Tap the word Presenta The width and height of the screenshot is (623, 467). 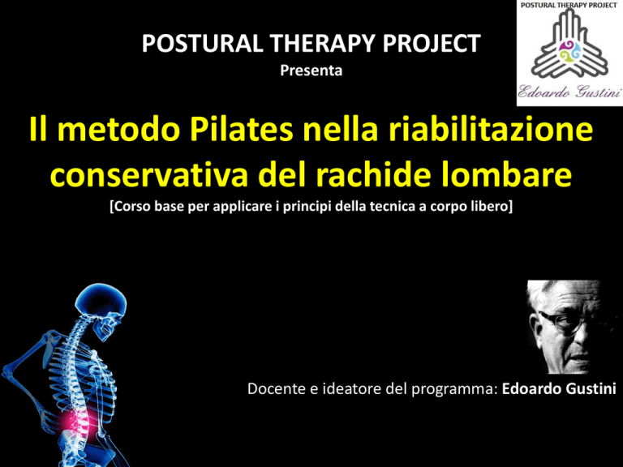311,71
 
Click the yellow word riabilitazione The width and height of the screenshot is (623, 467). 490,130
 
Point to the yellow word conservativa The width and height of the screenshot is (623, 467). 149,174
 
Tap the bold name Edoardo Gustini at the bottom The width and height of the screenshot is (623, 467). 559,389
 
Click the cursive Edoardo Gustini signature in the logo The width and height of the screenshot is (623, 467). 569,92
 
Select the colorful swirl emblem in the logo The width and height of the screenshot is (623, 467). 569,52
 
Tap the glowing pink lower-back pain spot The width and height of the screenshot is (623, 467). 79,421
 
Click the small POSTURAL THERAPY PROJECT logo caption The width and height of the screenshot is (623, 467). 569,5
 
